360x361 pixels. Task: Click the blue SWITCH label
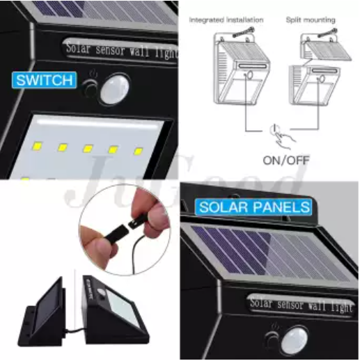point(43,80)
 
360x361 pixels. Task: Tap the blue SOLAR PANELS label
point(253,207)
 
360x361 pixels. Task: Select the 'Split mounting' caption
point(311,20)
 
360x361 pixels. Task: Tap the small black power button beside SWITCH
point(90,88)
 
